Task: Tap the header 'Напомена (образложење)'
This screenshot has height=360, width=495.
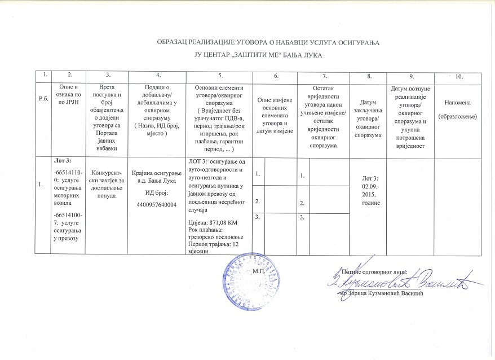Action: [x=461, y=109]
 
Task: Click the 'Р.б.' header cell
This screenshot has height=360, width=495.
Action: [x=43, y=99]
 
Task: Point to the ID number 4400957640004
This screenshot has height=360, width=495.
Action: [x=154, y=205]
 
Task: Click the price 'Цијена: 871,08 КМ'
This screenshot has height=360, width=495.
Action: [x=211, y=223]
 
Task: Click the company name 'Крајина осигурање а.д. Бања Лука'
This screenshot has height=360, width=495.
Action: [x=154, y=175]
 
